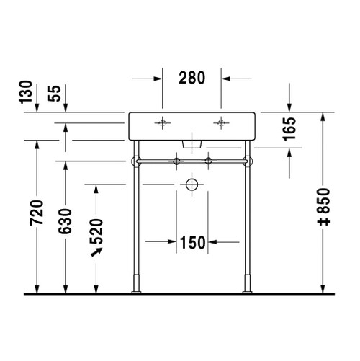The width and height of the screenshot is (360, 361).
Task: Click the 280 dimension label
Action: tap(191, 76)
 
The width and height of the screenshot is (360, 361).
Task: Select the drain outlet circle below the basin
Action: tap(192, 184)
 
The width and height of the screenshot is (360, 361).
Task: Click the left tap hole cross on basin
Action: tap(163, 122)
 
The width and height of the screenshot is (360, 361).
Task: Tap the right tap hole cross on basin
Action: tap(220, 122)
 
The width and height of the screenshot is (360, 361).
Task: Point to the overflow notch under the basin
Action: tap(192, 143)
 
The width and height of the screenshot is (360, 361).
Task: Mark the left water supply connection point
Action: tap(176, 159)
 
